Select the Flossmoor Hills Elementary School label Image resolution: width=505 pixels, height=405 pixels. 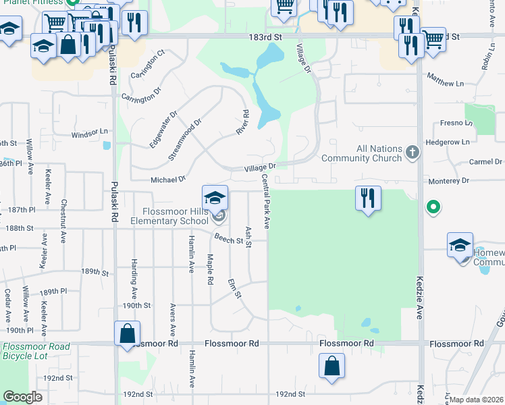pos(169,217)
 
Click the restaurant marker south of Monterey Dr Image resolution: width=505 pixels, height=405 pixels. pos(368,198)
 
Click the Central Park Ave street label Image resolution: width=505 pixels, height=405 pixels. pos(266,201)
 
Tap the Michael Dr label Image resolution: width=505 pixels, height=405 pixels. pos(168,180)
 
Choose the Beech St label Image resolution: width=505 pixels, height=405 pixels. pos(229,238)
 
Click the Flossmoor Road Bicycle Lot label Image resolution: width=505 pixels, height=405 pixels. pos(36,351)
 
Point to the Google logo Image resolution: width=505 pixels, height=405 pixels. pos(22,398)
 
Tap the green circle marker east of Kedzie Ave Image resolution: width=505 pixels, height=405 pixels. pos(433,207)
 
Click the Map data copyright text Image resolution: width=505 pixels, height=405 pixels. pos(475,400)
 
